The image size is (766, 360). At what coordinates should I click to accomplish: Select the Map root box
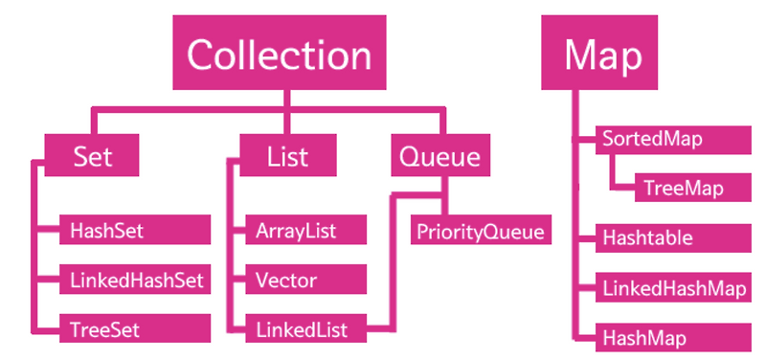click(603, 55)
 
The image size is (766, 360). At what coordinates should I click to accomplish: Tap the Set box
click(93, 154)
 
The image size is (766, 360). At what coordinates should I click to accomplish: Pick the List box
click(287, 154)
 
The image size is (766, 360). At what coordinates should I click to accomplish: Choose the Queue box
click(440, 154)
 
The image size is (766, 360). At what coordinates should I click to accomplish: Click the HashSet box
click(133, 231)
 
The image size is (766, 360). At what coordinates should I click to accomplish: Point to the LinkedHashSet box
click(133, 281)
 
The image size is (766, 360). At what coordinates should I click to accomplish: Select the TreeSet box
click(133, 330)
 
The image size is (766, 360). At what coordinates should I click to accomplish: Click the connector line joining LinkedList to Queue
click(390, 268)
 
